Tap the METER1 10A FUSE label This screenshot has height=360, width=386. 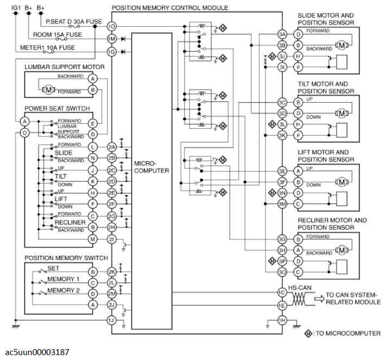(x=48, y=48)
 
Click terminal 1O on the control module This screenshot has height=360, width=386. (x=112, y=26)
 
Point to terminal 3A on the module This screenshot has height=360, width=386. (x=281, y=34)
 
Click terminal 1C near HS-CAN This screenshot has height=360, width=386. (x=281, y=292)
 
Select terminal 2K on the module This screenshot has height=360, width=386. (x=112, y=271)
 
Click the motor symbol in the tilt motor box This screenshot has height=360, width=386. (x=341, y=113)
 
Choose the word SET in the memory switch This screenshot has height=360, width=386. (x=53, y=269)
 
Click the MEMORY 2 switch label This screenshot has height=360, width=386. (x=64, y=290)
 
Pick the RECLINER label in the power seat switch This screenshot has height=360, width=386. (x=70, y=222)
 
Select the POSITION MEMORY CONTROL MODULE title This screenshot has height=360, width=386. (x=169, y=8)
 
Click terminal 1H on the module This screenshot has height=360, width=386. (x=281, y=320)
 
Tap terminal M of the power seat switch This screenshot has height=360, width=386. (x=93, y=239)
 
